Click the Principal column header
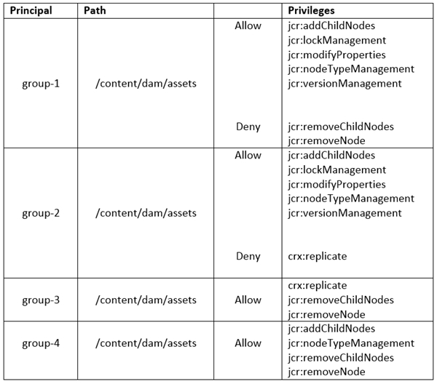click(x=31, y=11)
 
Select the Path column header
click(x=95, y=11)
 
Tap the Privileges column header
click(x=311, y=11)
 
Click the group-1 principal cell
click(x=41, y=84)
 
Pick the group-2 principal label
click(x=41, y=213)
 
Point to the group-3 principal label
click(x=41, y=300)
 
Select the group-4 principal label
click(x=41, y=343)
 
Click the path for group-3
click(x=146, y=300)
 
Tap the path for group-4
click(x=146, y=343)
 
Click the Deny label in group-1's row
click(x=248, y=127)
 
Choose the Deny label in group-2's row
click(x=248, y=256)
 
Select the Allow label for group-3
click(x=248, y=300)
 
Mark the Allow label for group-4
click(x=248, y=343)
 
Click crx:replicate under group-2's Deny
click(x=318, y=257)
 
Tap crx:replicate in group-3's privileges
click(x=318, y=286)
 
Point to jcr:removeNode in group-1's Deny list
click(x=326, y=141)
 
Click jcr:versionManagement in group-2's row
click(x=345, y=213)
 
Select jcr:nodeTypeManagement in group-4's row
click(x=351, y=343)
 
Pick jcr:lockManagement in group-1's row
click(x=337, y=41)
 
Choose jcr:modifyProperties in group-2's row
click(x=336, y=185)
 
